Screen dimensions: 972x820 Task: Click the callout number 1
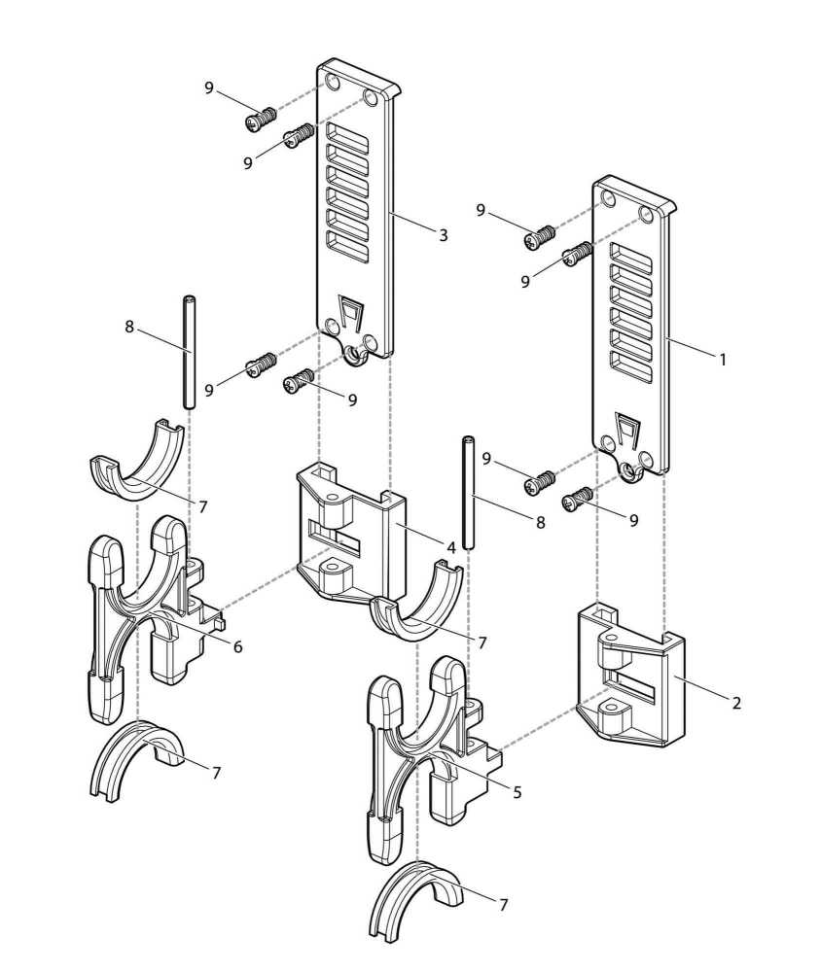pyautogui.click(x=723, y=359)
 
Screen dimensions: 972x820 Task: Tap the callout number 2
pyautogui.click(x=736, y=703)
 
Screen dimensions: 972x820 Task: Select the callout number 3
pyautogui.click(x=443, y=235)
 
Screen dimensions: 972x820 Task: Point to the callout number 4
pyautogui.click(x=451, y=548)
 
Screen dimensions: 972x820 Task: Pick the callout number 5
pyautogui.click(x=517, y=792)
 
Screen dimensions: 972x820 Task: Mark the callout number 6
pyautogui.click(x=237, y=647)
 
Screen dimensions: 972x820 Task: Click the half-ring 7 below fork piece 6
pyautogui.click(x=136, y=762)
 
